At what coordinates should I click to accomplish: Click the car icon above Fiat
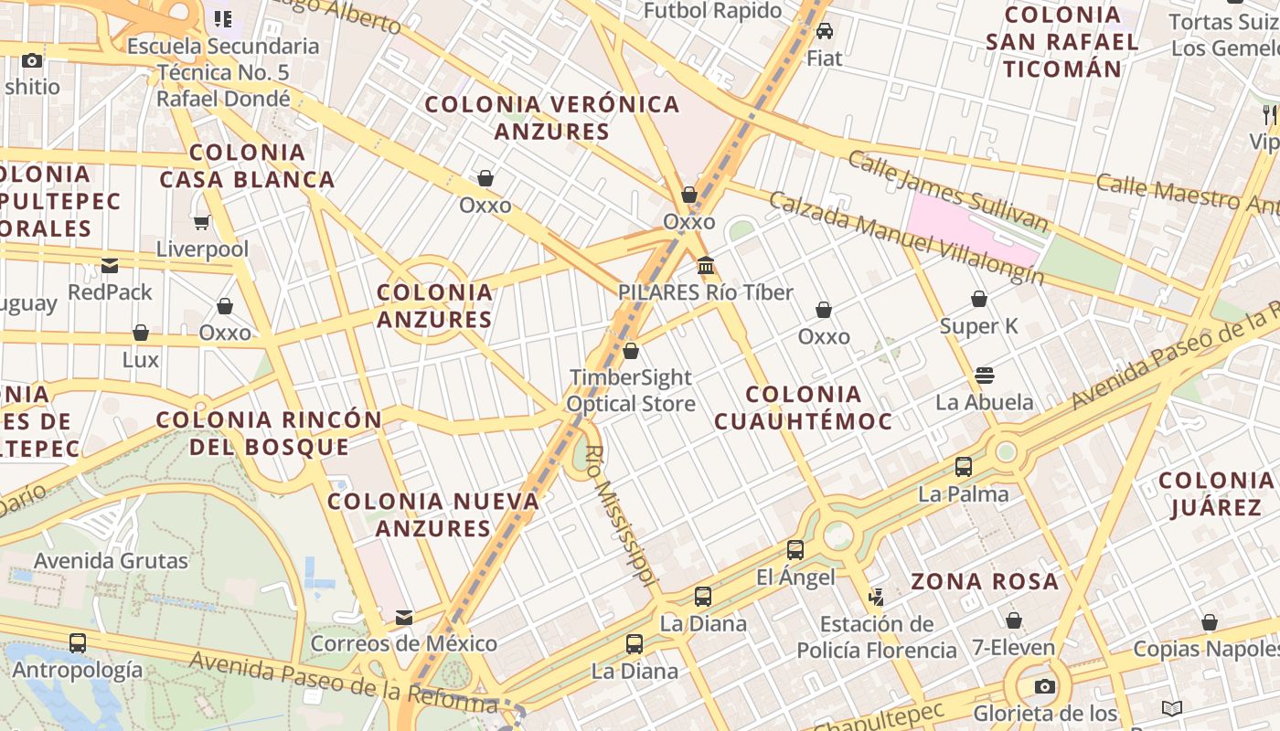coord(825,31)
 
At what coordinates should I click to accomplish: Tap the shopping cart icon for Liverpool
coord(202,222)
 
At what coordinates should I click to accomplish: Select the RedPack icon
coord(110,266)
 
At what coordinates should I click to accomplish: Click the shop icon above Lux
coord(141,333)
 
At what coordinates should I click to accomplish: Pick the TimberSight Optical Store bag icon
coord(631,351)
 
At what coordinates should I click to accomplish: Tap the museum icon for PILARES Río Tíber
coord(706,266)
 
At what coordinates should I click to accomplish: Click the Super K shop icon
coord(979,299)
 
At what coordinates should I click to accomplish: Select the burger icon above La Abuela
coord(985,375)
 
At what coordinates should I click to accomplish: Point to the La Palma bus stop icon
coord(964,467)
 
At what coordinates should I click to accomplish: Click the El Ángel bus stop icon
coord(795,550)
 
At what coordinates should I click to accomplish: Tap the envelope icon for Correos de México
coord(404,618)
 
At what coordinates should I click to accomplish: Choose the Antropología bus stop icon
coord(78,643)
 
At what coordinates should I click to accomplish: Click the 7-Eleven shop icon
coord(1013,621)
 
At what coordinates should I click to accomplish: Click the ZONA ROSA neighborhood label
coord(985,581)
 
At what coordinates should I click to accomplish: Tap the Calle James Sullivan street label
coord(947,191)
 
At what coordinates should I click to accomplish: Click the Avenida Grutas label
coord(111,560)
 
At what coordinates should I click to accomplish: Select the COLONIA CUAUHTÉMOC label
coord(803,408)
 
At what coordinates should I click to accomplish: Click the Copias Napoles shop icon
coord(1210,623)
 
